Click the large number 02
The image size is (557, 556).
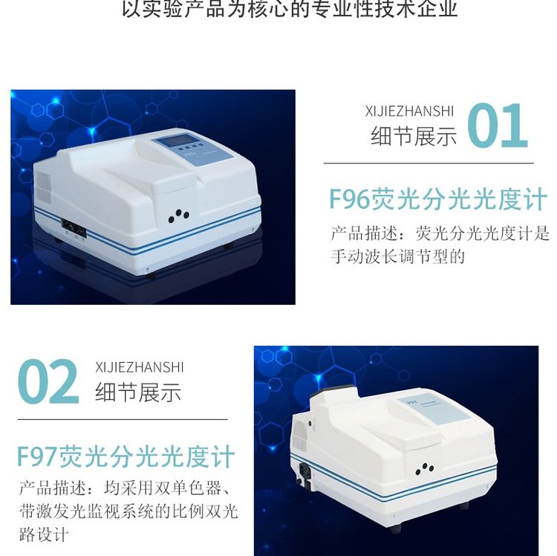coord(48,381)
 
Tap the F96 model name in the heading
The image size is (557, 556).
coord(350,199)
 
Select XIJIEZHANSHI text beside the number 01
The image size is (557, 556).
coord(409,111)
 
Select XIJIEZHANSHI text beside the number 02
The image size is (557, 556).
coord(140,367)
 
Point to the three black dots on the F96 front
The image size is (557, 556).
coord(178,216)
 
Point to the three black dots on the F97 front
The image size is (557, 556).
coord(425,469)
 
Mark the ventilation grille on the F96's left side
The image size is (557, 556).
coord(43,188)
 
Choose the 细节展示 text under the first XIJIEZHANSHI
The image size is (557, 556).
coord(414,136)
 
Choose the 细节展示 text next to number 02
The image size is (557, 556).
coord(138,392)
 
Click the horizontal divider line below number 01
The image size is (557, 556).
coord(429,164)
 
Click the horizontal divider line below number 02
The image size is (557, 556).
coord(123,419)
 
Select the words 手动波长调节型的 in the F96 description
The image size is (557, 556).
coord(398,256)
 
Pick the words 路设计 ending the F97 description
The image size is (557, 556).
coord(44,534)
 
